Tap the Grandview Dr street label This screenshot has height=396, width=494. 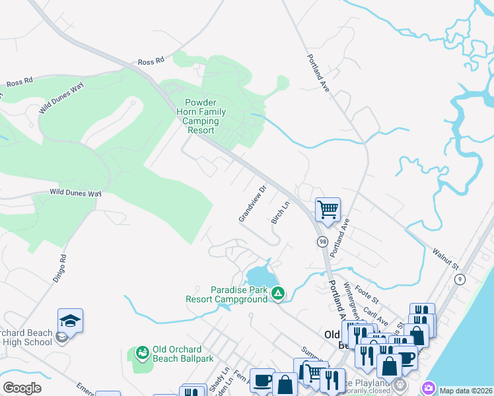252,204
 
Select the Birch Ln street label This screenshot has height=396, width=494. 281,213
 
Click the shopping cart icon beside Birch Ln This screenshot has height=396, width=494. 328,210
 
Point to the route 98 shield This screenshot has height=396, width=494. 322,242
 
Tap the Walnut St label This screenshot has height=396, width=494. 445,257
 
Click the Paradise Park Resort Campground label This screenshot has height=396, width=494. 239,294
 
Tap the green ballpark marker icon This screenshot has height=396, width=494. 142,353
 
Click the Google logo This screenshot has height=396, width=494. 22,388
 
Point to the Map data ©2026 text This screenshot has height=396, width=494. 466,391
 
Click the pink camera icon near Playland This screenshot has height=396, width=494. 429,387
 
